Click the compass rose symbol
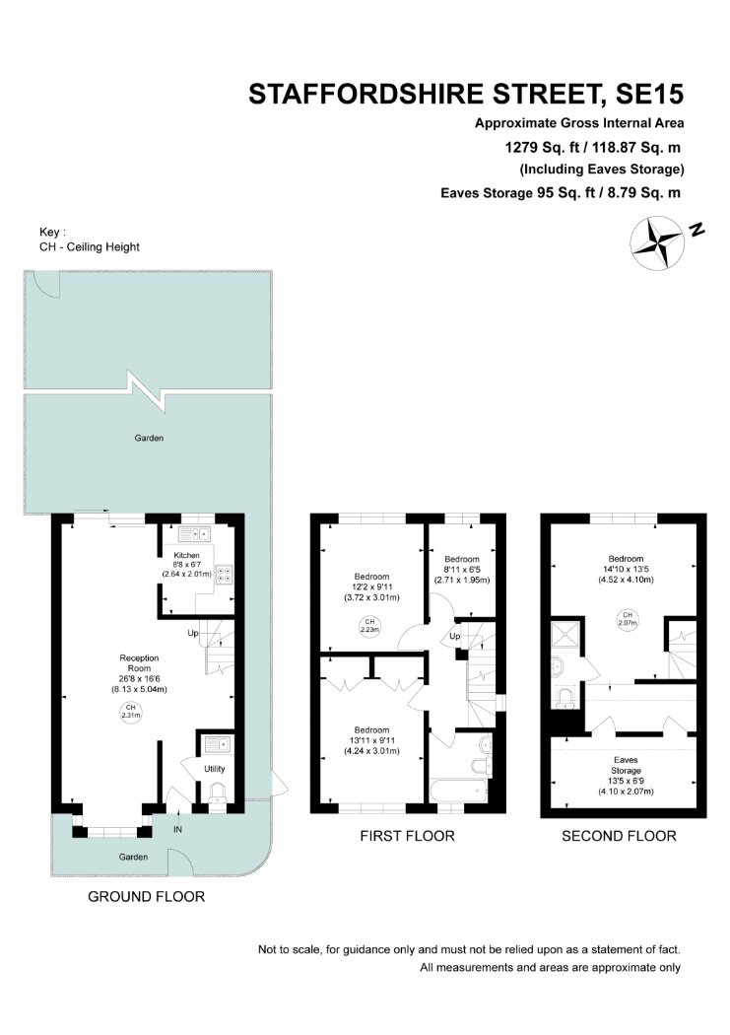click(656, 243)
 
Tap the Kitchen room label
click(186, 565)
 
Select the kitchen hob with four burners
click(225, 575)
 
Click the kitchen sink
click(194, 532)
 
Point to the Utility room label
click(215, 768)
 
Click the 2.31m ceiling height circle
click(131, 711)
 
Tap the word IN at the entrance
click(177, 829)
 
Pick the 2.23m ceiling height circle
click(370, 625)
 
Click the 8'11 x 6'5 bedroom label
click(462, 569)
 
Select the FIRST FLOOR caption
click(408, 836)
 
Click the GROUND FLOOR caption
click(147, 896)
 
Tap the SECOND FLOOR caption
click(620, 836)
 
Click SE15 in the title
click(649, 95)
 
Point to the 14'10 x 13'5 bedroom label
click(626, 569)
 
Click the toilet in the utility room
click(217, 793)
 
